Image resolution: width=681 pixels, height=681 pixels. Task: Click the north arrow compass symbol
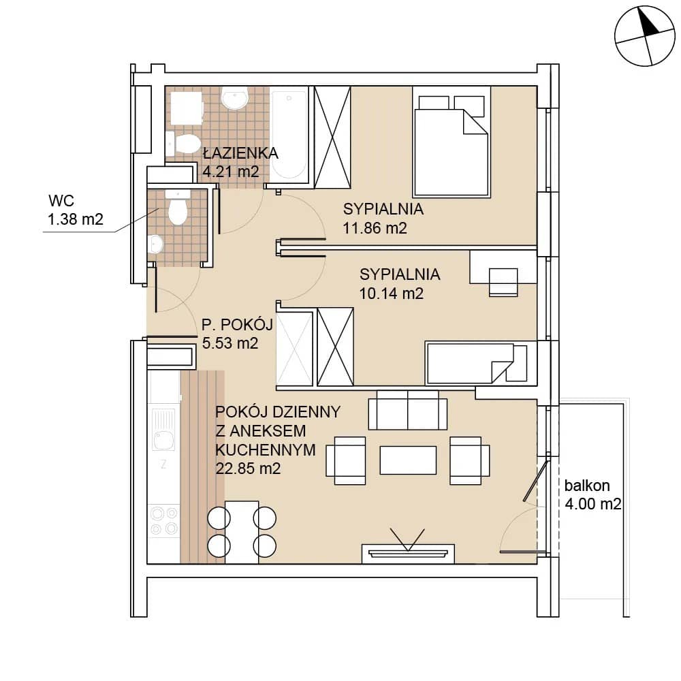[645, 36]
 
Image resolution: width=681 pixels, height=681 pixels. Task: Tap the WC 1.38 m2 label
[75, 210]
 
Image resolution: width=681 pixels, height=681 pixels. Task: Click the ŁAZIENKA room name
[240, 153]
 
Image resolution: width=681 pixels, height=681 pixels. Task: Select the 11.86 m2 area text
[375, 228]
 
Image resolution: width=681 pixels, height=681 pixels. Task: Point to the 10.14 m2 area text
[391, 294]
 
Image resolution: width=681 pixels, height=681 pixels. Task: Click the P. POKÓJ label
[237, 324]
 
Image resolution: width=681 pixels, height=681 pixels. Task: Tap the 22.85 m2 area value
[248, 469]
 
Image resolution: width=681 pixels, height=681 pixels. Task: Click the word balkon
[587, 486]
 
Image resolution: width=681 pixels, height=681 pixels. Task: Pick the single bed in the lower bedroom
[477, 363]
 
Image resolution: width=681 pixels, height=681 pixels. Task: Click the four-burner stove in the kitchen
[163, 521]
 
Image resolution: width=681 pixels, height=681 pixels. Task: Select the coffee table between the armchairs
[408, 460]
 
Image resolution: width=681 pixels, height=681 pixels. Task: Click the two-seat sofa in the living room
[407, 410]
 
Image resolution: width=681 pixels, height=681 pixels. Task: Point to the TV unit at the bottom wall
[408, 554]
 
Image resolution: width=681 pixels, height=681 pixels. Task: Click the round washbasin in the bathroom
[234, 97]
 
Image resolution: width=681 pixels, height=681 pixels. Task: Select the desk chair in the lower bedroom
[503, 283]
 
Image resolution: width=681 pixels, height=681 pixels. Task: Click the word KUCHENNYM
[266, 450]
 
